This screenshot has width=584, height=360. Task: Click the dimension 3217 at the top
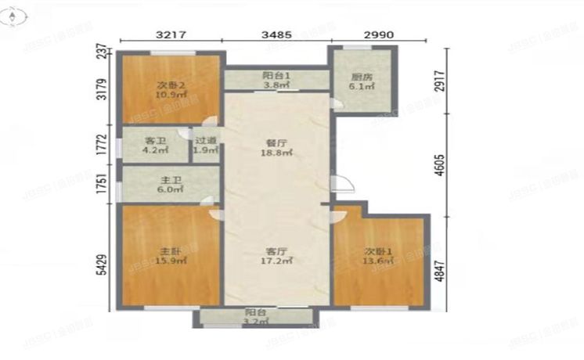[x=171, y=35]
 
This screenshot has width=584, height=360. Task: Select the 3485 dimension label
[x=277, y=35]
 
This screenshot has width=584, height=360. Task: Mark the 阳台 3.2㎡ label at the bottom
[x=252, y=316]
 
